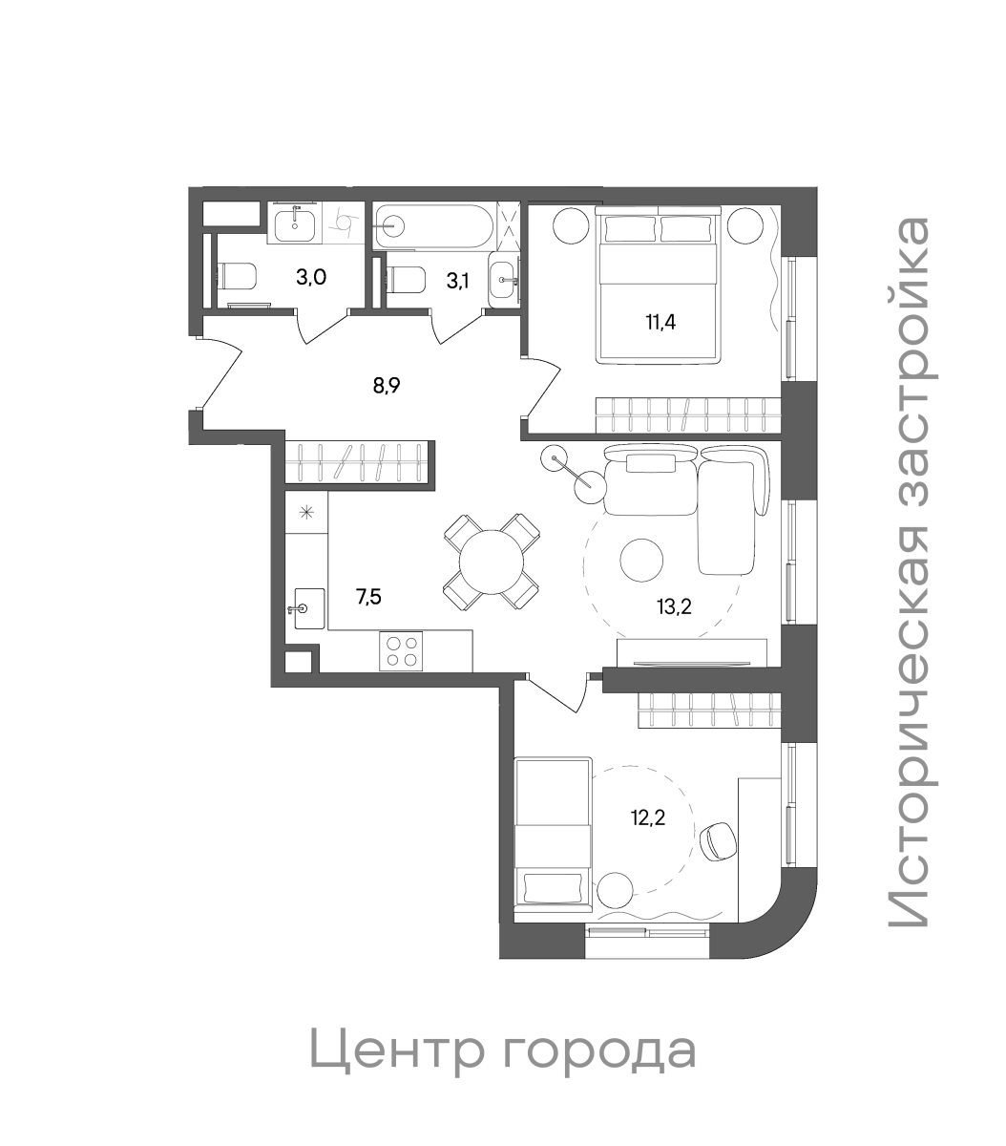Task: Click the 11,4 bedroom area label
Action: tap(660, 321)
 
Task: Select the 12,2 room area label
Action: tap(647, 817)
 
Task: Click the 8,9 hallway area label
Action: tap(386, 386)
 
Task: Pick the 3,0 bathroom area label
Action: tap(311, 278)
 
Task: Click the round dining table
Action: tap(492, 562)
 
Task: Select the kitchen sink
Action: tap(307, 608)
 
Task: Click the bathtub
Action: tap(434, 228)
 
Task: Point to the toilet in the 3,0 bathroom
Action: tap(237, 278)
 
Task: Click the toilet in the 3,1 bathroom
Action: tap(405, 280)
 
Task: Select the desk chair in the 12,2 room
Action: tap(718, 841)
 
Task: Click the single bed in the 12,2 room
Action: tap(552, 833)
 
